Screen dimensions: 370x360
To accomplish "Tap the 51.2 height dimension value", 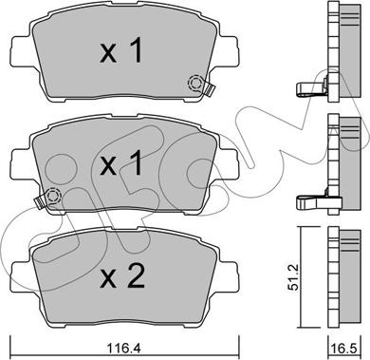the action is (x=294, y=277).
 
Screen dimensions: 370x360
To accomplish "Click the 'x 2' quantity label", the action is (x=122, y=276).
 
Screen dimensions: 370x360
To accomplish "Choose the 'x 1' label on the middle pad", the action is (x=121, y=163).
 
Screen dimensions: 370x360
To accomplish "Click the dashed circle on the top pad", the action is (x=195, y=83).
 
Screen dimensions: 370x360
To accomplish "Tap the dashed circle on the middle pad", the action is (x=53, y=196).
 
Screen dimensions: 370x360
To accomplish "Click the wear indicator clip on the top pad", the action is (x=209, y=89).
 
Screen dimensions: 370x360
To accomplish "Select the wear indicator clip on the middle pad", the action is (x=40, y=202).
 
